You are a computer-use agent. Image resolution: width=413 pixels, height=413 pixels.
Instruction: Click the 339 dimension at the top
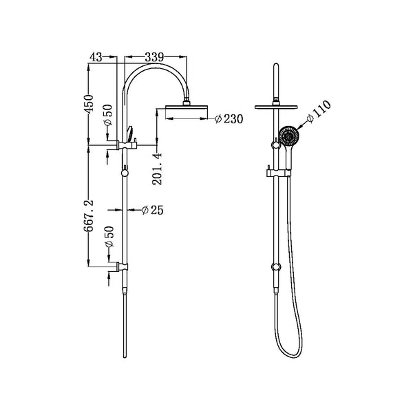[154, 59]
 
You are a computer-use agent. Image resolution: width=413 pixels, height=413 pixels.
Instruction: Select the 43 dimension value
[98, 59]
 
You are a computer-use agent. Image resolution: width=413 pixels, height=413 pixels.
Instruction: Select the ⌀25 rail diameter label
[152, 210]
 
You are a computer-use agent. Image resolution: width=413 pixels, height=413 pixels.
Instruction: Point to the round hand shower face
[289, 137]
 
